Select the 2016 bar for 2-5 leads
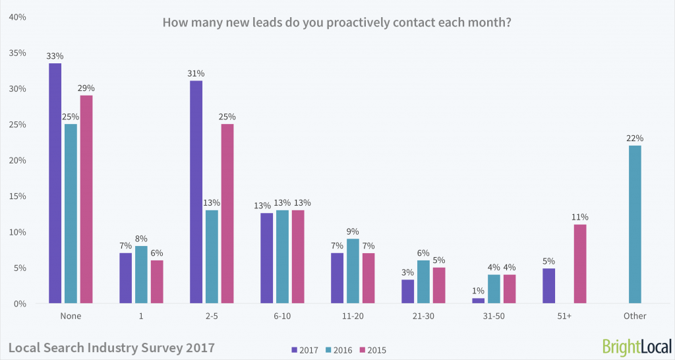coord(211,257)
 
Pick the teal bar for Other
coord(635,224)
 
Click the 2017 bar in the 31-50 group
coord(478,301)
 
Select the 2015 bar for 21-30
coord(439,285)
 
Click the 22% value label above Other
coord(635,138)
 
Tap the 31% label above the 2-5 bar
coord(196,73)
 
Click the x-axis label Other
coord(635,316)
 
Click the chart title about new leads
coord(337,22)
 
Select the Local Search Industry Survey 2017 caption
coord(111,346)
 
